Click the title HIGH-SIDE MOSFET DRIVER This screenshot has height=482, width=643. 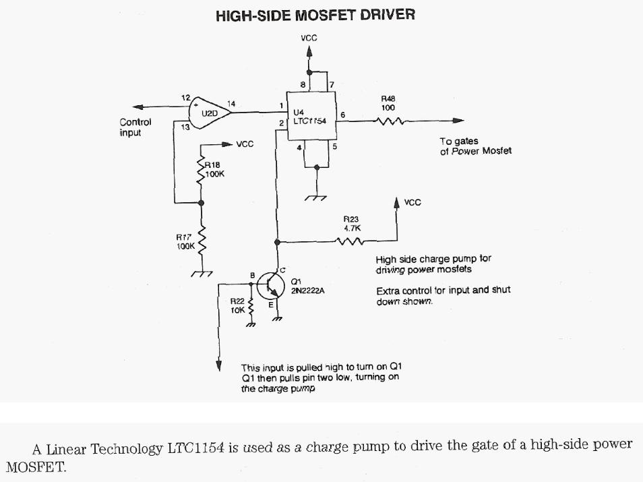315,15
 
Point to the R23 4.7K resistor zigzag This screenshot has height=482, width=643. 352,241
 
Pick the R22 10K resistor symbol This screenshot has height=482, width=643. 250,308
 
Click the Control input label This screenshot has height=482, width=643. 135,127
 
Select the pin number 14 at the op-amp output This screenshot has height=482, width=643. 231,103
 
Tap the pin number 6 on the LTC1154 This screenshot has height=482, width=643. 343,115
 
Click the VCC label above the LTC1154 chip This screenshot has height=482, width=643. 309,38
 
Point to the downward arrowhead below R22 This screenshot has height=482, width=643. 218,365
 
